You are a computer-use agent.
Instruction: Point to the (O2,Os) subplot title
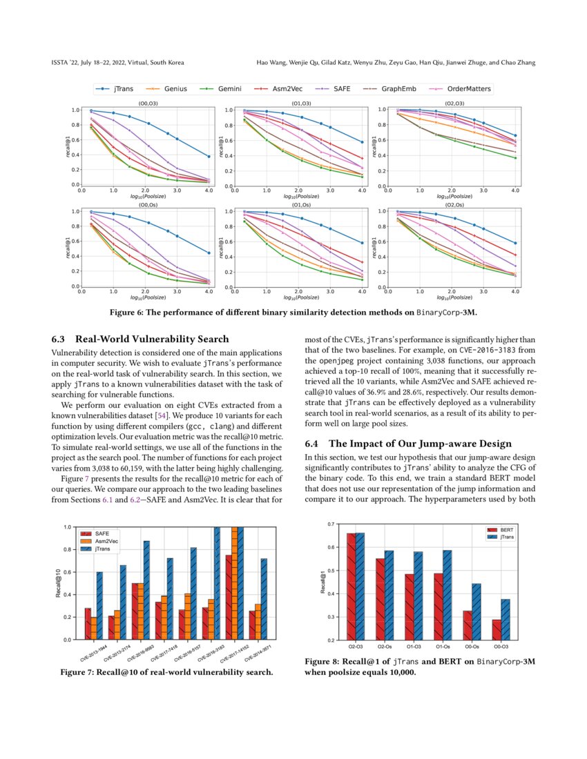[x=449, y=205]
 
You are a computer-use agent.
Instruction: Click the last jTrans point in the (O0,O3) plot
[x=209, y=157]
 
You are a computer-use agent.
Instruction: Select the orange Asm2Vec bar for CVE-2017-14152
[x=240, y=583]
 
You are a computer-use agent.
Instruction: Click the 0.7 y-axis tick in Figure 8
[x=331, y=524]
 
